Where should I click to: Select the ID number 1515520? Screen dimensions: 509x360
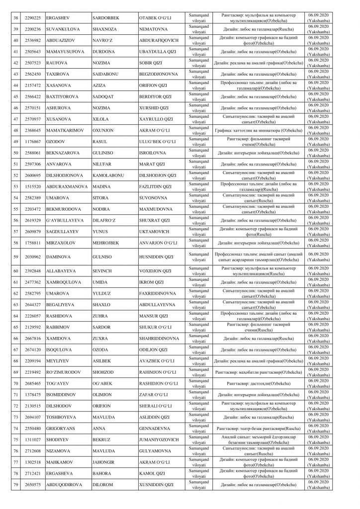point(30,186)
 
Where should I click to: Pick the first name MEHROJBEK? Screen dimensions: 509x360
point(107,243)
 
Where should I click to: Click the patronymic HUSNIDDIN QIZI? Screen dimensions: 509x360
point(156,256)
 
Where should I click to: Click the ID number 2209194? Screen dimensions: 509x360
point(30,360)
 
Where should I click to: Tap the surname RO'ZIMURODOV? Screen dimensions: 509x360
point(66,372)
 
